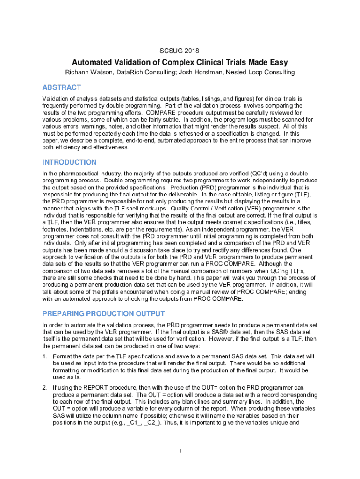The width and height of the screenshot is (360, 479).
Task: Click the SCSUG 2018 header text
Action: point(180,50)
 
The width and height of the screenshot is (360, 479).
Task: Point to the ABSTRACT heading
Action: point(61,87)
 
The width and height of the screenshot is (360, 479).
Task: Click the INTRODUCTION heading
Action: point(69,162)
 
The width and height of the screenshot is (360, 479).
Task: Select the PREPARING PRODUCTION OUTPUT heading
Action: point(103,313)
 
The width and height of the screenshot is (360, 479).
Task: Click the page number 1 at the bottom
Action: point(180,451)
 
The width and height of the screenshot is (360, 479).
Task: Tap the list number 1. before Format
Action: point(44,357)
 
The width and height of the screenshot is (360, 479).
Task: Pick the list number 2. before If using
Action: point(44,388)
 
